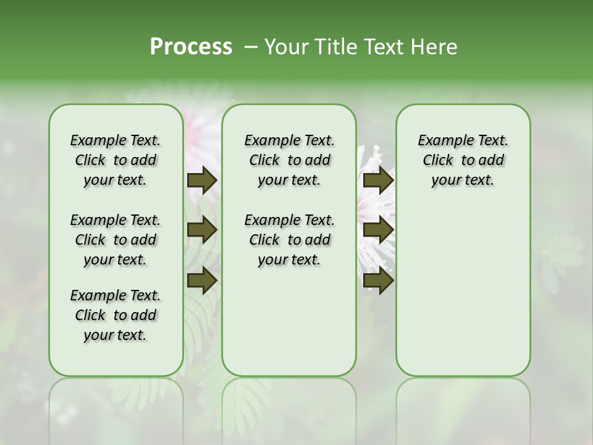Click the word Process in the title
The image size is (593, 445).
[x=191, y=47]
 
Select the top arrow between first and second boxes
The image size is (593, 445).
[x=202, y=180]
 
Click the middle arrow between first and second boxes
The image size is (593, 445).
[x=202, y=230]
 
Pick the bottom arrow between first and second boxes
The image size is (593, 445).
[x=202, y=280]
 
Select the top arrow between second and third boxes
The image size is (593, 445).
[x=378, y=180]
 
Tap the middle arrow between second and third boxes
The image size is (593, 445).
[x=378, y=230]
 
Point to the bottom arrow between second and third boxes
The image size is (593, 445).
[x=378, y=280]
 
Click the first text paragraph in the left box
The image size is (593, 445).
[x=116, y=160]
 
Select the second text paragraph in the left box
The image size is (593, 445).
[x=116, y=240]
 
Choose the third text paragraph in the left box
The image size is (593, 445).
[x=116, y=315]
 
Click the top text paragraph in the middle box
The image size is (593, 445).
[x=289, y=160]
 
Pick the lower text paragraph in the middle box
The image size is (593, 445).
[x=289, y=240]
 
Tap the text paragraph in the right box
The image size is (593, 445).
[x=463, y=160]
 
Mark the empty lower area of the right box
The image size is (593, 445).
[x=463, y=290]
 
